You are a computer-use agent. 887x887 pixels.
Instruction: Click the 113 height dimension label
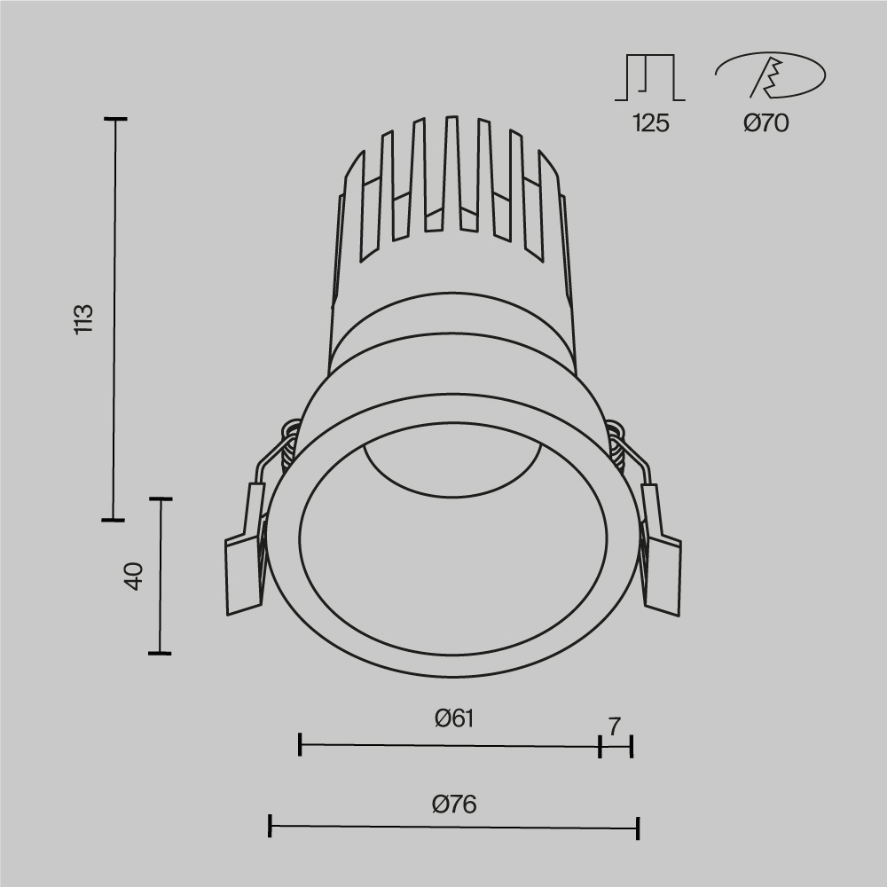82,319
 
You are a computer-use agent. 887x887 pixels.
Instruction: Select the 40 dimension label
133,577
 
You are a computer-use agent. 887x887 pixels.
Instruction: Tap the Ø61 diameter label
454,718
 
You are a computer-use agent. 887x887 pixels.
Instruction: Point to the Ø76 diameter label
454,805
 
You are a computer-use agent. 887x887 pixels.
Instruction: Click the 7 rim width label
615,726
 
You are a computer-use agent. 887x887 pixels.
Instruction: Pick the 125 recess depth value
650,123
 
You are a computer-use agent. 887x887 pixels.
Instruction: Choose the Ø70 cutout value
766,123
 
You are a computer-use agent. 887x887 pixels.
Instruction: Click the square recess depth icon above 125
650,77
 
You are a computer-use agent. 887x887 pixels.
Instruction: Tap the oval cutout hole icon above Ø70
770,75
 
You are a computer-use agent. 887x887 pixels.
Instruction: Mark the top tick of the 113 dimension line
114,119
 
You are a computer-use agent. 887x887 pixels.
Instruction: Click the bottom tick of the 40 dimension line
160,653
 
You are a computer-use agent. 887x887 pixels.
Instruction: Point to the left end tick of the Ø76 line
270,827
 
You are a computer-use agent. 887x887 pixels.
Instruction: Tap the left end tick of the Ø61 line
301,745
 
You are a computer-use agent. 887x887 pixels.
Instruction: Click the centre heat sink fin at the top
451,173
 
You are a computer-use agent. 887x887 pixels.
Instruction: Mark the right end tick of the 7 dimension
632,746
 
